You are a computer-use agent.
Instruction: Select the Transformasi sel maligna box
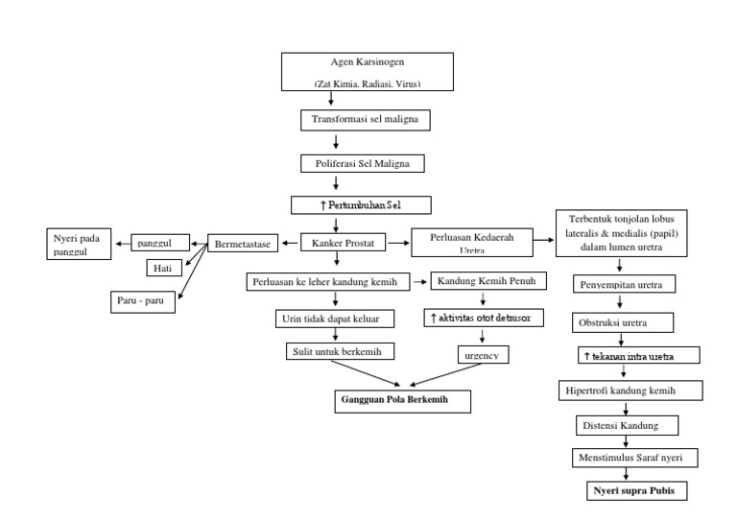coord(364,121)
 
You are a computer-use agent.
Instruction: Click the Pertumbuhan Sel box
coord(363,204)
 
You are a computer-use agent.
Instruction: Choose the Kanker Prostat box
coord(344,244)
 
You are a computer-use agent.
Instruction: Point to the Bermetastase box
coord(245,244)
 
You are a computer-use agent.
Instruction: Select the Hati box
coord(163,269)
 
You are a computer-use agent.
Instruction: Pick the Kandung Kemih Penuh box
coord(488,281)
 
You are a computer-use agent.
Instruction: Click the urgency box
coord(482,353)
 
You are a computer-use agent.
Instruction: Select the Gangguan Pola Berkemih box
coord(402,398)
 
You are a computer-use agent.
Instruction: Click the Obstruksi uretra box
coord(624,320)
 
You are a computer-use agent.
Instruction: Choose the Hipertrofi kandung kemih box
coord(630,391)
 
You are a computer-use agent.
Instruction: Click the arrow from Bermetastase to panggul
coord(200,244)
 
